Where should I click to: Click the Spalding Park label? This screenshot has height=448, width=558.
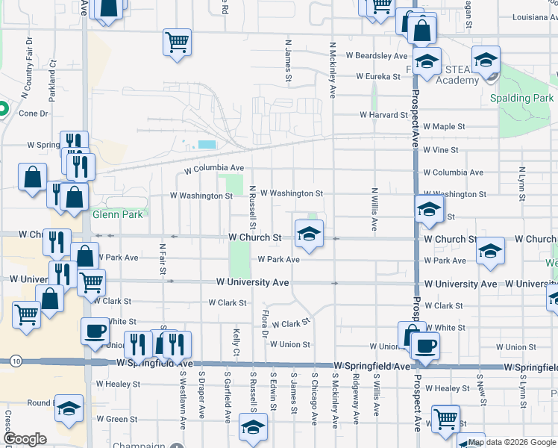coord(522,98)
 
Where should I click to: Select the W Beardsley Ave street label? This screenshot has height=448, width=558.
coord(377,55)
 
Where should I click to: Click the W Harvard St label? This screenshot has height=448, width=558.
coord(383,115)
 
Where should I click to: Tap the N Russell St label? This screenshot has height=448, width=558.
coord(253,207)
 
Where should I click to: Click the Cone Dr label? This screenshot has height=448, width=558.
coord(34,113)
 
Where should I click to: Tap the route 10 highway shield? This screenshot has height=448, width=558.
coord(16,361)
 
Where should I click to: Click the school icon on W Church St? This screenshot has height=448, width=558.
coord(308,234)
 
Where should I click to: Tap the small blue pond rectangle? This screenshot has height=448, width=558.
coord(207,144)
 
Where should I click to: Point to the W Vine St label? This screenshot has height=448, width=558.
coord(440,149)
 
